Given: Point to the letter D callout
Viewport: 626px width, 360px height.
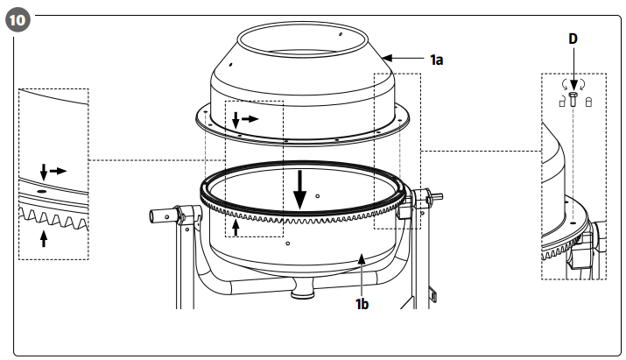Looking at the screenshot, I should point(573,40).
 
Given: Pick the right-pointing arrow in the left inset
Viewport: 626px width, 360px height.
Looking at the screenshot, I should point(58,170).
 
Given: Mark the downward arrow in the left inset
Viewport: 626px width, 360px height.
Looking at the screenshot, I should point(43,169).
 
